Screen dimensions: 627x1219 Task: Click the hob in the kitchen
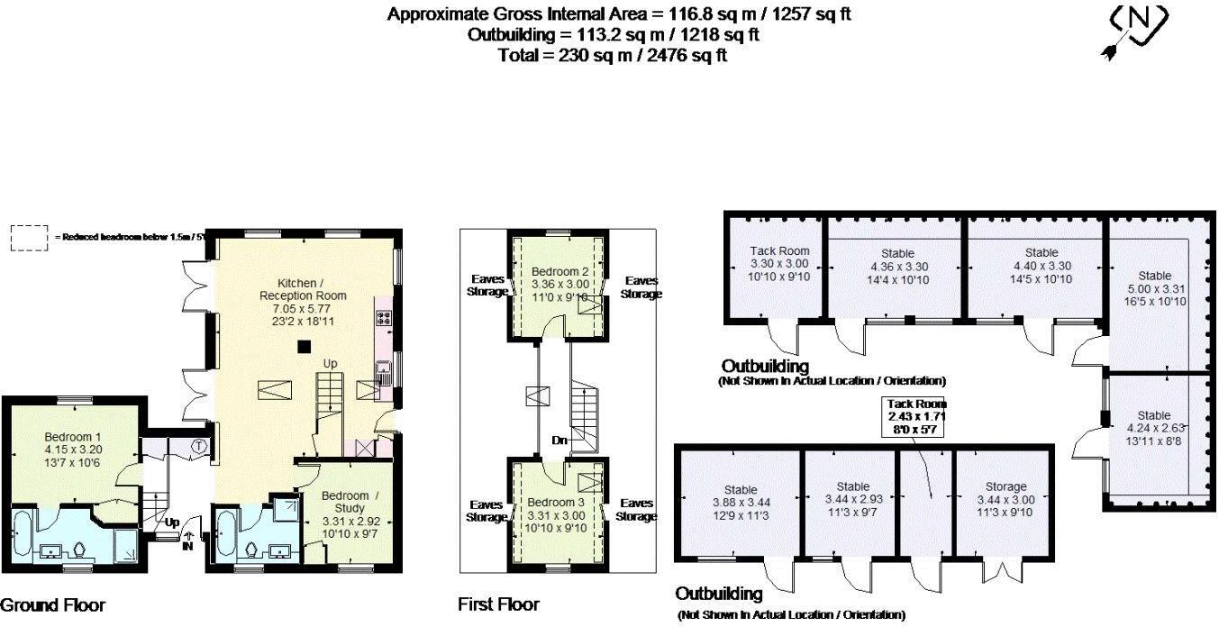pos(382,317)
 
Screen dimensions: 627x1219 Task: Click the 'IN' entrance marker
pos(187,545)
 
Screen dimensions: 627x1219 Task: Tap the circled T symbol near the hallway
pos(199,445)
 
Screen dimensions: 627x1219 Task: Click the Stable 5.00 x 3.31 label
pos(1154,288)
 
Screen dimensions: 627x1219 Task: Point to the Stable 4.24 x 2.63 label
pos(1154,429)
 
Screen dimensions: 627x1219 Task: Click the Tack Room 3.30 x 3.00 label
pos(779,264)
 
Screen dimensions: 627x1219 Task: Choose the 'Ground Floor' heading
pos(53,605)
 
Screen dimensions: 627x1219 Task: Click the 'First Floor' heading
pos(498,604)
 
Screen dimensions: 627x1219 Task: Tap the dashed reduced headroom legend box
pos(28,237)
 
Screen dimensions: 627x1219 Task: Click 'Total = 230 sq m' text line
pos(613,55)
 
